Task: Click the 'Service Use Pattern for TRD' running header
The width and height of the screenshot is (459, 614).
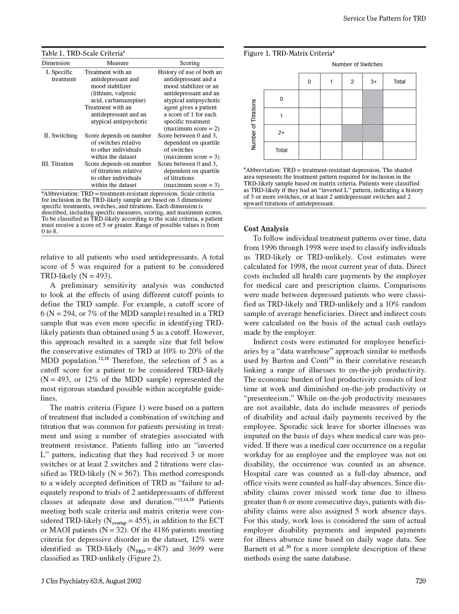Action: [x=384, y=18]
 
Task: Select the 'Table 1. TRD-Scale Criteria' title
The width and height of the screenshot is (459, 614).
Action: [x=83, y=53]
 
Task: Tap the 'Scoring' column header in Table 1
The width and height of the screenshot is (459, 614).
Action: [x=189, y=63]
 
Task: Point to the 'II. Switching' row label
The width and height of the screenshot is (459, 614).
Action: [x=60, y=136]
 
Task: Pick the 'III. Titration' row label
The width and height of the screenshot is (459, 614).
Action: [x=58, y=164]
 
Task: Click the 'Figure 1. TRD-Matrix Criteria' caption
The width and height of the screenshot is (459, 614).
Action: [x=289, y=53]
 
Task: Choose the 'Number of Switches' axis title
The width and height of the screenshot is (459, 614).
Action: [x=357, y=64]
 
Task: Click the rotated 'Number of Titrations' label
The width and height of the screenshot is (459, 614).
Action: [x=253, y=124]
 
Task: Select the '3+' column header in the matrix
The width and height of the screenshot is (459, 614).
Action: [x=373, y=82]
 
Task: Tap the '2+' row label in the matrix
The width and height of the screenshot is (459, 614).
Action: [x=281, y=133]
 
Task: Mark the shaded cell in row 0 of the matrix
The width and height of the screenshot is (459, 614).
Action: [x=373, y=99]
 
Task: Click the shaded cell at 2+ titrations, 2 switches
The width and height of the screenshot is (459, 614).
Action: [x=352, y=133]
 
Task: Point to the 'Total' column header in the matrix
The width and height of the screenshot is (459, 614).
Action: [x=399, y=82]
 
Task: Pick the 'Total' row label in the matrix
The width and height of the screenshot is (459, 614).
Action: [x=281, y=150]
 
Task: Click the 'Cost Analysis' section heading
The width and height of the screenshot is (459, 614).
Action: [x=266, y=229]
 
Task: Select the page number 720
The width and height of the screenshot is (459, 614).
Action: [x=421, y=581]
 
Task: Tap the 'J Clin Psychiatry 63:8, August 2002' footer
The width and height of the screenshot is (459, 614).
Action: [x=91, y=581]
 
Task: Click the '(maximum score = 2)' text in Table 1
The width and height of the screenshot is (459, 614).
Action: [x=191, y=129]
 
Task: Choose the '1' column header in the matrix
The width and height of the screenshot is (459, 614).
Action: [x=331, y=82]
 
